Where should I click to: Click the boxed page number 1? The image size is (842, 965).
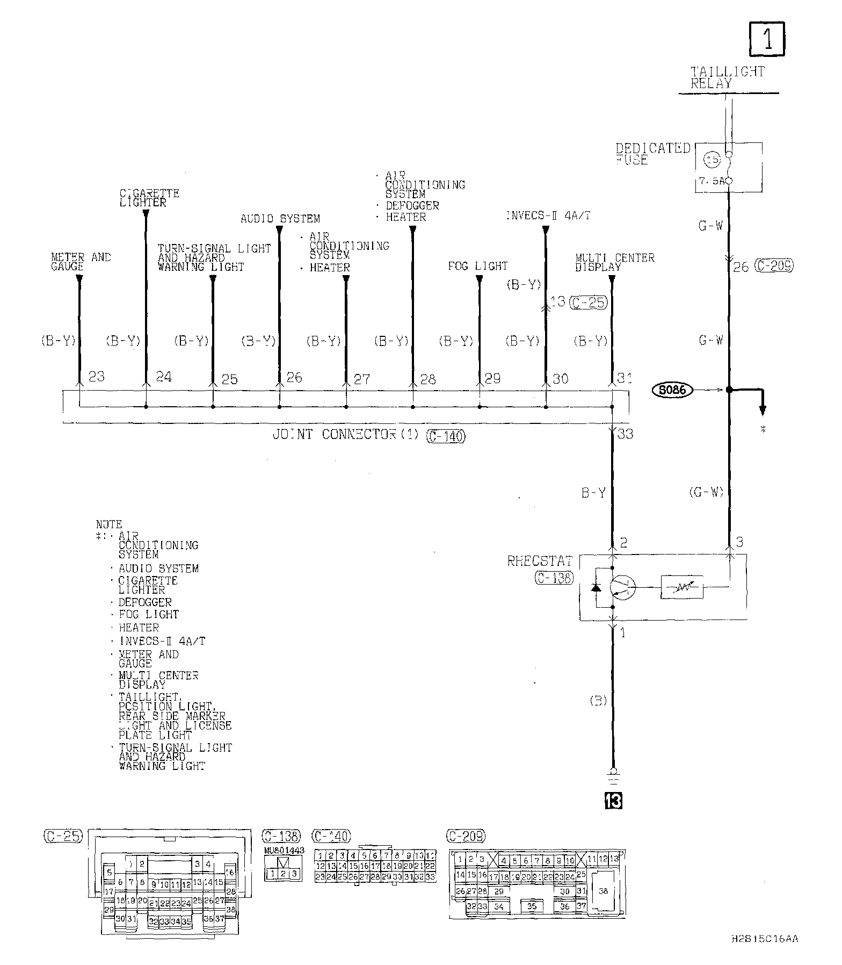[x=767, y=39]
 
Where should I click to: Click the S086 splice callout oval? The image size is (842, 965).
[x=672, y=390]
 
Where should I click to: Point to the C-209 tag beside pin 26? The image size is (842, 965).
[x=774, y=265]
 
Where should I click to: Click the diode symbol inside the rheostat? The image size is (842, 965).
[x=597, y=587]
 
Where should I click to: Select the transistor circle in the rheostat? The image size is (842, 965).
[x=623, y=587]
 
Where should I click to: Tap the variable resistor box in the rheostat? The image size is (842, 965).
[x=682, y=587]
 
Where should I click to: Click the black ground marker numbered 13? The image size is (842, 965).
[x=613, y=801]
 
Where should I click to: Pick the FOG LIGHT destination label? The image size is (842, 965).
[x=477, y=266]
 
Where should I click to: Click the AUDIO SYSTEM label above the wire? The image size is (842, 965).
[x=280, y=219]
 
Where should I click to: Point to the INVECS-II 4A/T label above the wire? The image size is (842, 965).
[x=548, y=216]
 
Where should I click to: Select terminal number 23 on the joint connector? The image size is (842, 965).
[x=97, y=376]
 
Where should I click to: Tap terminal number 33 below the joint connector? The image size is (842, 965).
[x=625, y=433]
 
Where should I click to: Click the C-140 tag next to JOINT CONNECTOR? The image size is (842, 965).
[x=446, y=436]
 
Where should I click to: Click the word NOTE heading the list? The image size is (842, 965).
[x=109, y=524]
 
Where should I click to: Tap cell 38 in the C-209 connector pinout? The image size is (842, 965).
[x=603, y=891]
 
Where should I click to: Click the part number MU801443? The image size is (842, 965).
[x=284, y=850]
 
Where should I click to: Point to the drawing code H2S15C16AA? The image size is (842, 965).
[x=765, y=939]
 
